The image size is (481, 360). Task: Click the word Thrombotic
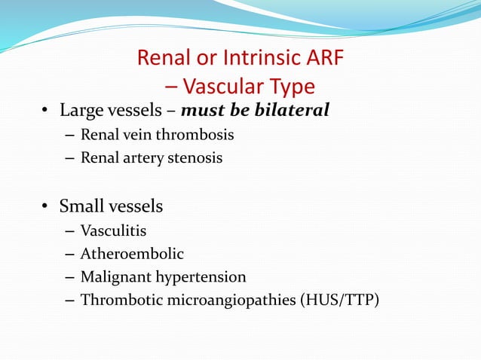click(x=117, y=301)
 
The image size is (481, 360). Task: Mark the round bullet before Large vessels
click(x=45, y=112)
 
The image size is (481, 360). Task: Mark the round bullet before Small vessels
click(x=45, y=206)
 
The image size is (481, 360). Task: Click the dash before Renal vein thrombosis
click(x=69, y=136)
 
